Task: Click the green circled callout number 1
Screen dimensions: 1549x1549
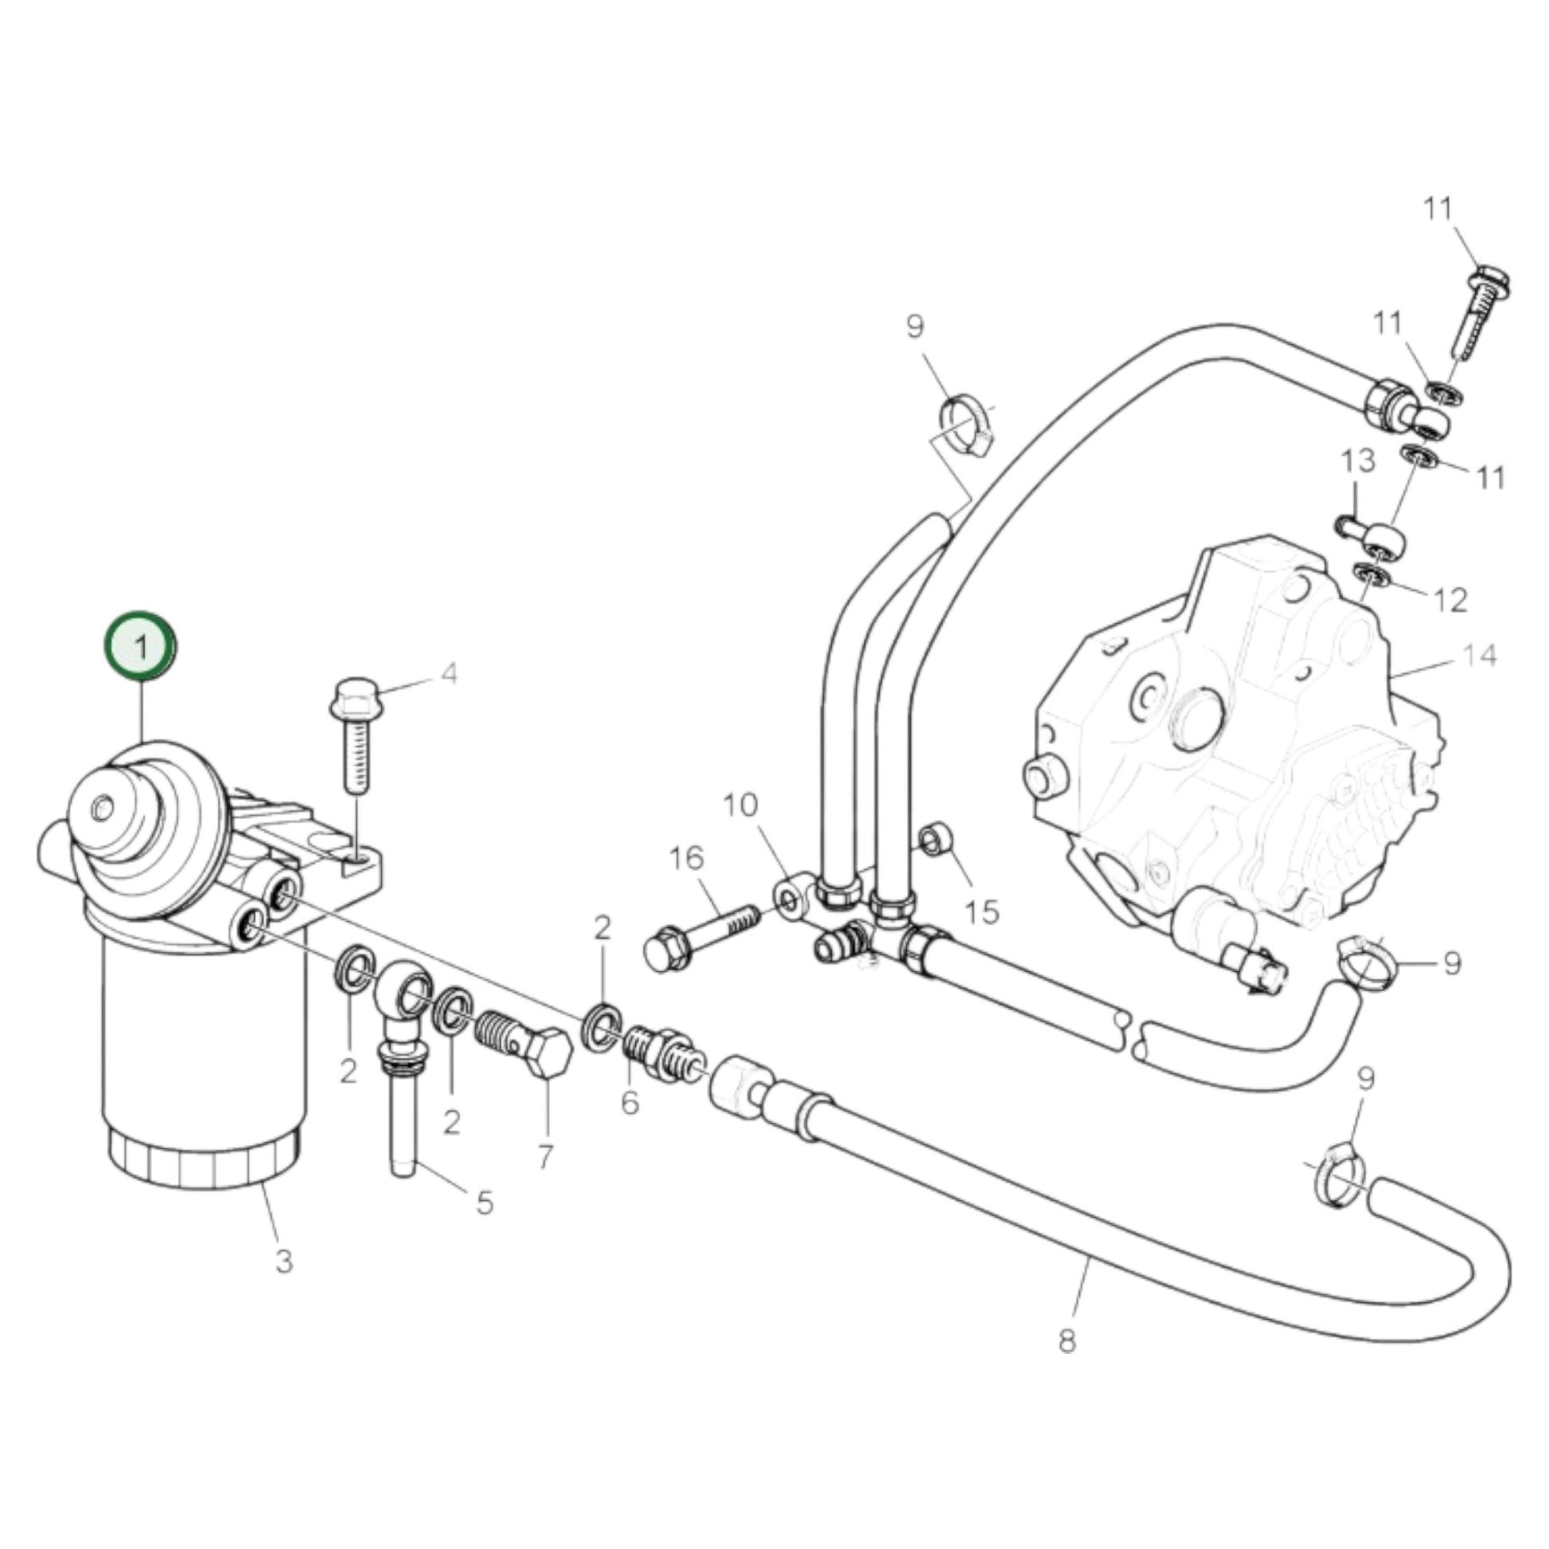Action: click(x=141, y=646)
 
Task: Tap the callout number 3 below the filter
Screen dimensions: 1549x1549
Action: click(x=284, y=1262)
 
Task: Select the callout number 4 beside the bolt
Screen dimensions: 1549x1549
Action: click(x=450, y=674)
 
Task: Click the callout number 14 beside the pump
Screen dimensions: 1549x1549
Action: click(x=1478, y=655)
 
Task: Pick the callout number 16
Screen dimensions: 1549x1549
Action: click(x=686, y=859)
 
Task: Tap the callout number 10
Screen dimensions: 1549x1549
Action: click(x=740, y=804)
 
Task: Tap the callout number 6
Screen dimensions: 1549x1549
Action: click(x=630, y=1102)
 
